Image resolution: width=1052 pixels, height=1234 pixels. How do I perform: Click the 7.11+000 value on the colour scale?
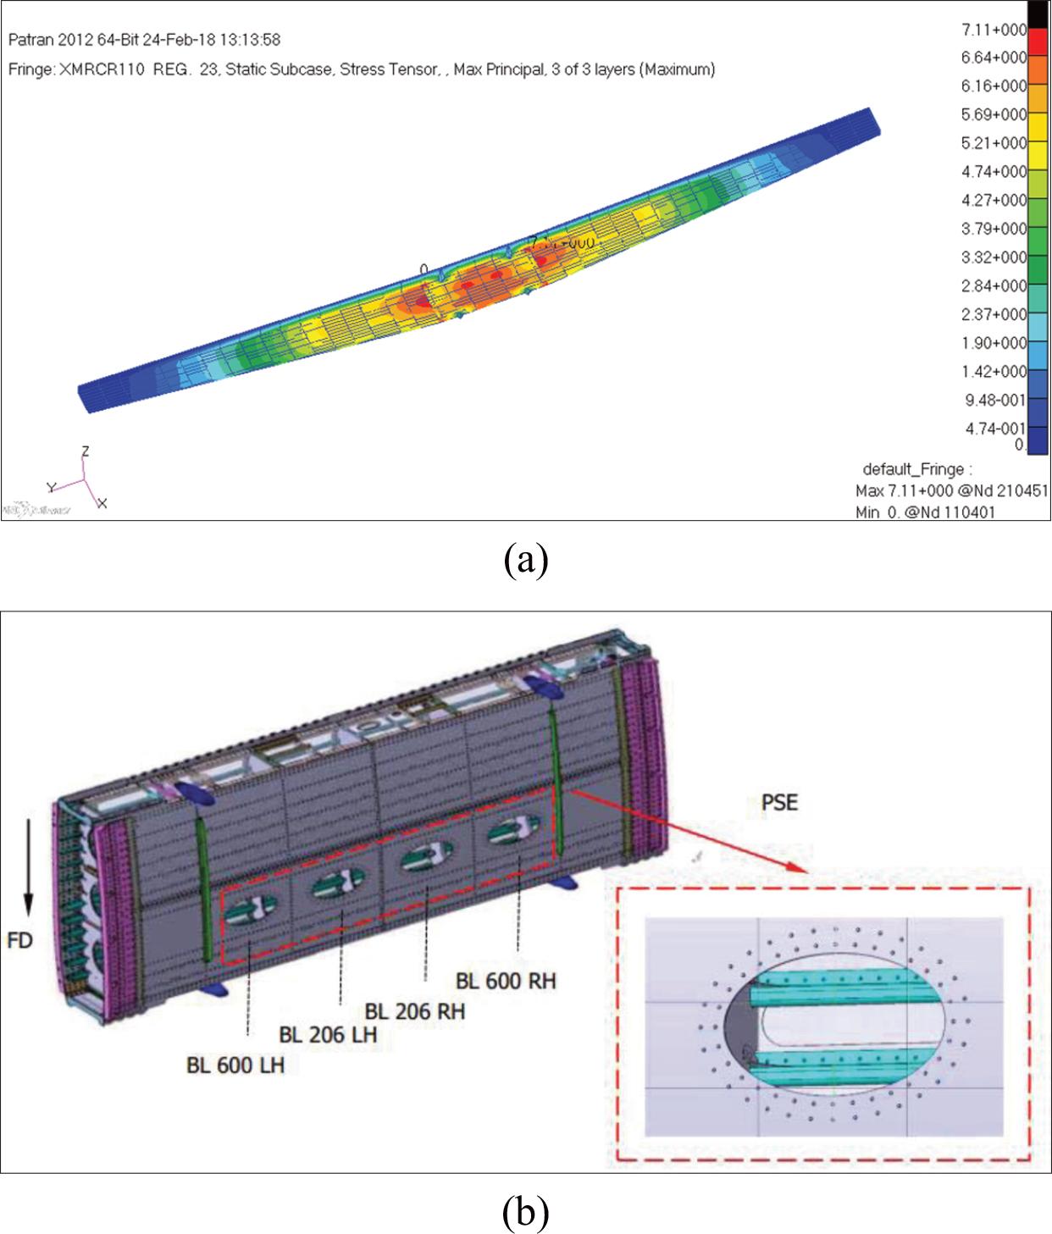coord(993,30)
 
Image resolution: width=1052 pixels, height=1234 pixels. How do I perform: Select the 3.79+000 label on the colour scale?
coord(993,229)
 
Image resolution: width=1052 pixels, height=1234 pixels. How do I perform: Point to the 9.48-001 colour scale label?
coord(994,400)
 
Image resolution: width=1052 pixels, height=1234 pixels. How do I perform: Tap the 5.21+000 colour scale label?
coord(993,143)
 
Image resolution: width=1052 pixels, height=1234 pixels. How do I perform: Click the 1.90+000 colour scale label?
coord(993,343)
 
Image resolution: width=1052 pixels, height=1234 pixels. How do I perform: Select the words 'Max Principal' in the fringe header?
coord(498,69)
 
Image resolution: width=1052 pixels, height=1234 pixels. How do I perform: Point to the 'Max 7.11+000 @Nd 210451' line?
coord(950,491)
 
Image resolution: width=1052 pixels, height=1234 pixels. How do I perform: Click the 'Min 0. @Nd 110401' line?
coord(925,512)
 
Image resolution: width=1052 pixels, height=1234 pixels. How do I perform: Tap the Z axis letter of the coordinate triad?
coord(85,451)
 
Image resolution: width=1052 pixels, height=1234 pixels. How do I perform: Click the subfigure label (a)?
coord(525,561)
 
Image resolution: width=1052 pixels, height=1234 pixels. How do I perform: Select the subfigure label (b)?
coord(525,1212)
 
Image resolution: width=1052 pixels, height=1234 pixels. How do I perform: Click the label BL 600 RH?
coord(506,981)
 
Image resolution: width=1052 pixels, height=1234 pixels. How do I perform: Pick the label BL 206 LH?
coord(328,1035)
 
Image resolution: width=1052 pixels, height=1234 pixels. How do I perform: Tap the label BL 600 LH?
coord(235,1065)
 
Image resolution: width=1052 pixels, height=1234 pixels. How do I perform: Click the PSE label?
coord(779,801)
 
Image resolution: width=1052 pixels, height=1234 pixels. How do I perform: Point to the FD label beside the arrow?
coord(19,940)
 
